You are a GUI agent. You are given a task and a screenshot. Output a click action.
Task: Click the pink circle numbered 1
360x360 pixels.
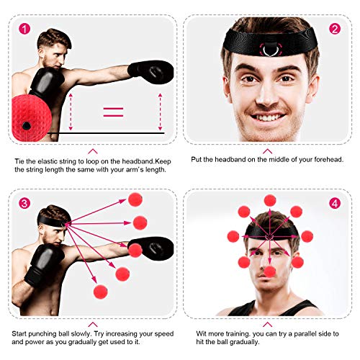pyautogui.click(x=25, y=30)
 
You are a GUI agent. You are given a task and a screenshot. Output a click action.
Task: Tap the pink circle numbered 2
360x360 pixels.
pyautogui.click(x=335, y=30)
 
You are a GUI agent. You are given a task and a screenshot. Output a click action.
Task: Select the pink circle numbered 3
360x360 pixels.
pyautogui.click(x=25, y=203)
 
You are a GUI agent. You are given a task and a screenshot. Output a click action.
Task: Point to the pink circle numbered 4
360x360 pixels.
pyautogui.click(x=335, y=203)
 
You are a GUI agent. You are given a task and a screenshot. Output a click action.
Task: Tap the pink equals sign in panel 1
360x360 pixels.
pyautogui.click(x=113, y=112)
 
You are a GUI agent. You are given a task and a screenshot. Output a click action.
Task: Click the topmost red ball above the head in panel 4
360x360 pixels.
pyautogui.click(x=269, y=200)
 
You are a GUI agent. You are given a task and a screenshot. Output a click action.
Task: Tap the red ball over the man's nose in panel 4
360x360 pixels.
pyautogui.click(x=269, y=271)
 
